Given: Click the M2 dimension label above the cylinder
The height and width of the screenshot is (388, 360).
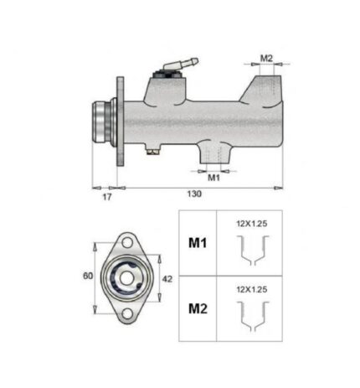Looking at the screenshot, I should point(266,58).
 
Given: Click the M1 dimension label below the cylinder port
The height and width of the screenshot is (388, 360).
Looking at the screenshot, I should point(213,178).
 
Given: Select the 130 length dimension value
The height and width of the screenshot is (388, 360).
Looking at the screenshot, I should point(193,194).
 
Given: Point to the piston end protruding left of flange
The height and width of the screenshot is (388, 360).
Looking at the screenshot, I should point(102,122).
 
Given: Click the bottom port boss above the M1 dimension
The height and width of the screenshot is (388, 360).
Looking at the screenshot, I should point(214,153).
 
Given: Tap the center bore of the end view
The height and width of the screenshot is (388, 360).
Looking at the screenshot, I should point(126,277).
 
